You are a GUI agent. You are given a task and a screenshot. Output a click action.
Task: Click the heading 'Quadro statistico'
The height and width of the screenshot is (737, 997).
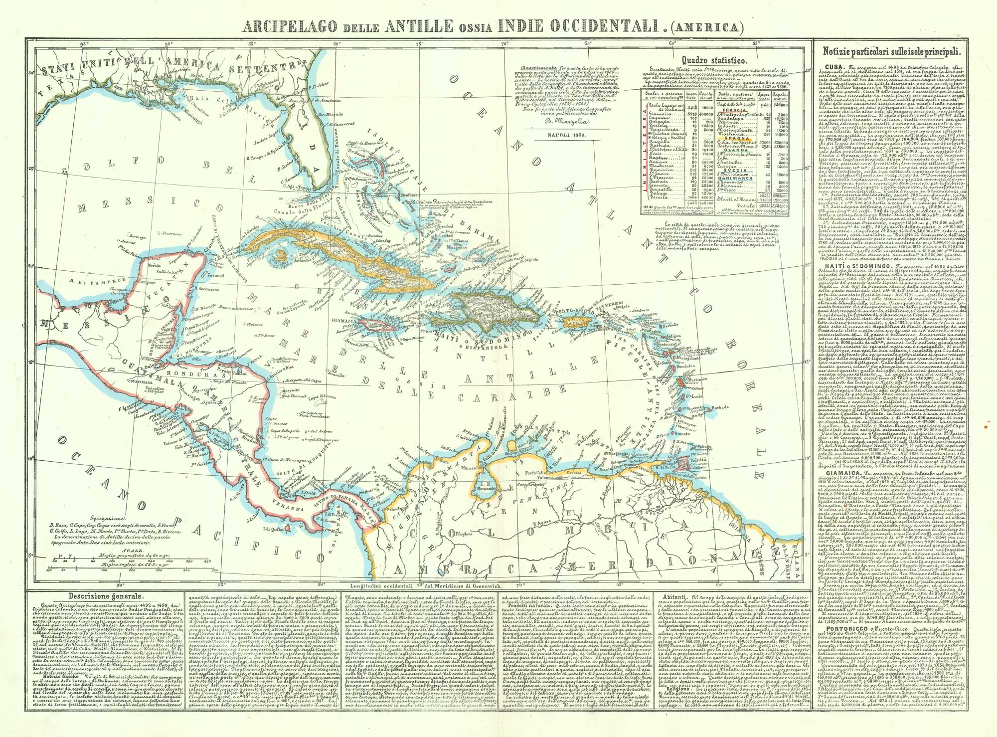[x=713, y=60]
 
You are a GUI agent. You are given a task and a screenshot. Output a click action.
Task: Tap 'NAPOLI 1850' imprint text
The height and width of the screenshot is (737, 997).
[x=567, y=135]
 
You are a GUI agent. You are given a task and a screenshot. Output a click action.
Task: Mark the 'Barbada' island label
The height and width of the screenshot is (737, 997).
[x=720, y=407]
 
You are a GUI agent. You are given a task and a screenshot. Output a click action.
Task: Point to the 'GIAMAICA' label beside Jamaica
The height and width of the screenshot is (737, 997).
[x=343, y=321]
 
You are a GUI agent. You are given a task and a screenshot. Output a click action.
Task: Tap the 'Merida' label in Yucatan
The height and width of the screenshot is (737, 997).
[x=155, y=265]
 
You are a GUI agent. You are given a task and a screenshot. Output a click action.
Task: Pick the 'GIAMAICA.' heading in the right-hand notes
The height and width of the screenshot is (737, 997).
[x=835, y=469]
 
